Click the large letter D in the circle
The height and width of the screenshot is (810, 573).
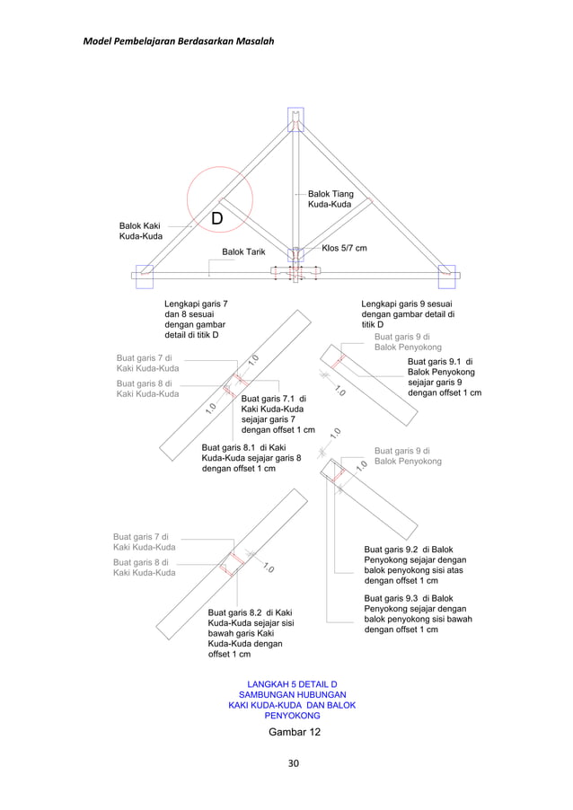tap(217, 220)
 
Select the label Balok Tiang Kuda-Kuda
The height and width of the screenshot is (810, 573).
tap(331, 199)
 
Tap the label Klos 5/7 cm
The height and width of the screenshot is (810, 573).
tap(344, 248)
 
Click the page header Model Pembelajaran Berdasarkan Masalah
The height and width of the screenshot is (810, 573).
tap(178, 41)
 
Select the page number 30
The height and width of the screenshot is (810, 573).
tap(293, 764)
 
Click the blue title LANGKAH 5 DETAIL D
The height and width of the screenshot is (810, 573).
tap(292, 686)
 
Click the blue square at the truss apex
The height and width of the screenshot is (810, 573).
tap(295, 119)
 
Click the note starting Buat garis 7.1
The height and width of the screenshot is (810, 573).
tap(278, 414)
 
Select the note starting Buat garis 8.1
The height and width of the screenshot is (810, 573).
tap(251, 457)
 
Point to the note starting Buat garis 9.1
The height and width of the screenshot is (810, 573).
tap(444, 377)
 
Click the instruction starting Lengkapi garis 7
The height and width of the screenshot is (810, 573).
tap(195, 320)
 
